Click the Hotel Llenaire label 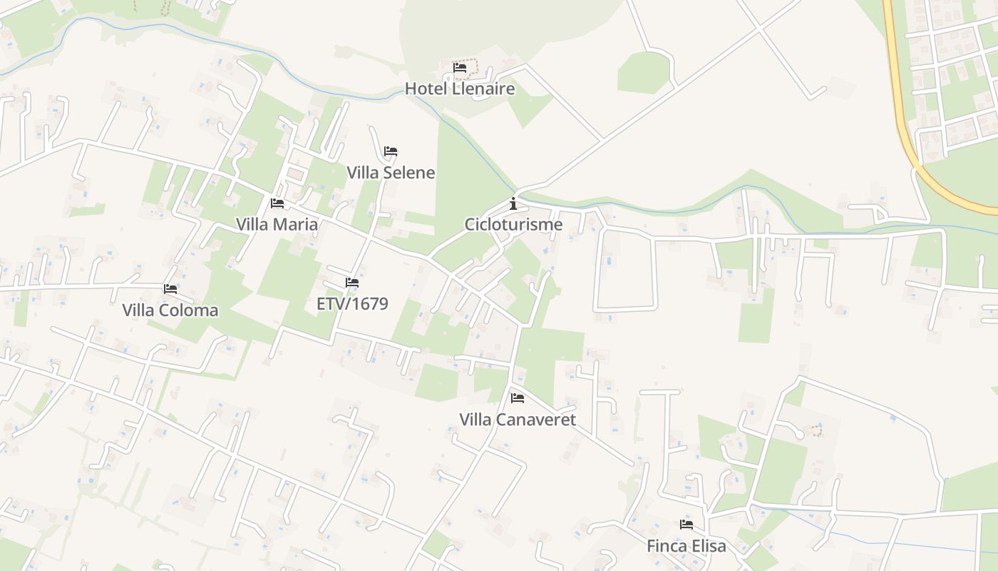click(460, 89)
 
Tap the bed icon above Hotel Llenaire click(460, 68)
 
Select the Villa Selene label click(391, 173)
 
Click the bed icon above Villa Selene click(391, 151)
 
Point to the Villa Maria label click(277, 224)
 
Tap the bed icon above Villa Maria click(277, 203)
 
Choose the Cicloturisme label click(513, 225)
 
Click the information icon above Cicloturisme click(513, 204)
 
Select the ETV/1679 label click(352, 304)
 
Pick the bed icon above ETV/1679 click(352, 283)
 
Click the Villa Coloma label click(170, 310)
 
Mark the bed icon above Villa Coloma click(170, 289)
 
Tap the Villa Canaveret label click(518, 419)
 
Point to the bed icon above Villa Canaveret click(518, 398)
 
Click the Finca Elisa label click(686, 546)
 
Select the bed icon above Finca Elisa click(686, 525)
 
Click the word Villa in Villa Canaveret click(475, 419)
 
